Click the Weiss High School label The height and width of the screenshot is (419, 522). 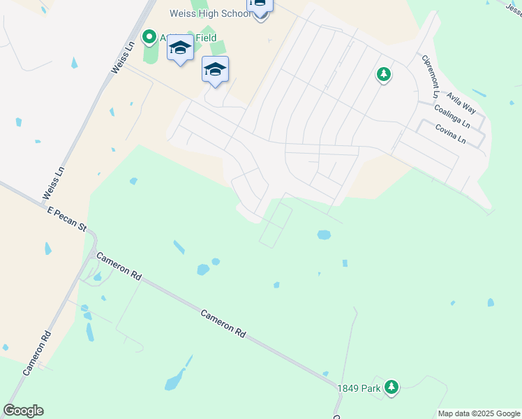tap(209, 13)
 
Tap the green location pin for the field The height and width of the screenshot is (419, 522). tap(149, 36)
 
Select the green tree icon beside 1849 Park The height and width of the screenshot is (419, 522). tap(391, 386)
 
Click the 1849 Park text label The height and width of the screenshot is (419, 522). tap(359, 388)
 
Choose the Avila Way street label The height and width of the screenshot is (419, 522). tap(461, 103)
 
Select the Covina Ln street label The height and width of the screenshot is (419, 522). tap(450, 133)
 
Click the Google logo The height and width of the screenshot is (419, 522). tap(23, 411)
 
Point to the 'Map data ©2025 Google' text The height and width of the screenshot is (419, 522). tap(479, 413)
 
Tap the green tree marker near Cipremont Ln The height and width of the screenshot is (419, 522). tap(383, 73)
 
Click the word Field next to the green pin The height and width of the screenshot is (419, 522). tap(206, 38)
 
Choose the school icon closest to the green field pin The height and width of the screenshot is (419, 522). tap(180, 49)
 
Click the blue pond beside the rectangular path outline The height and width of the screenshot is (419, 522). tap(324, 235)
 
